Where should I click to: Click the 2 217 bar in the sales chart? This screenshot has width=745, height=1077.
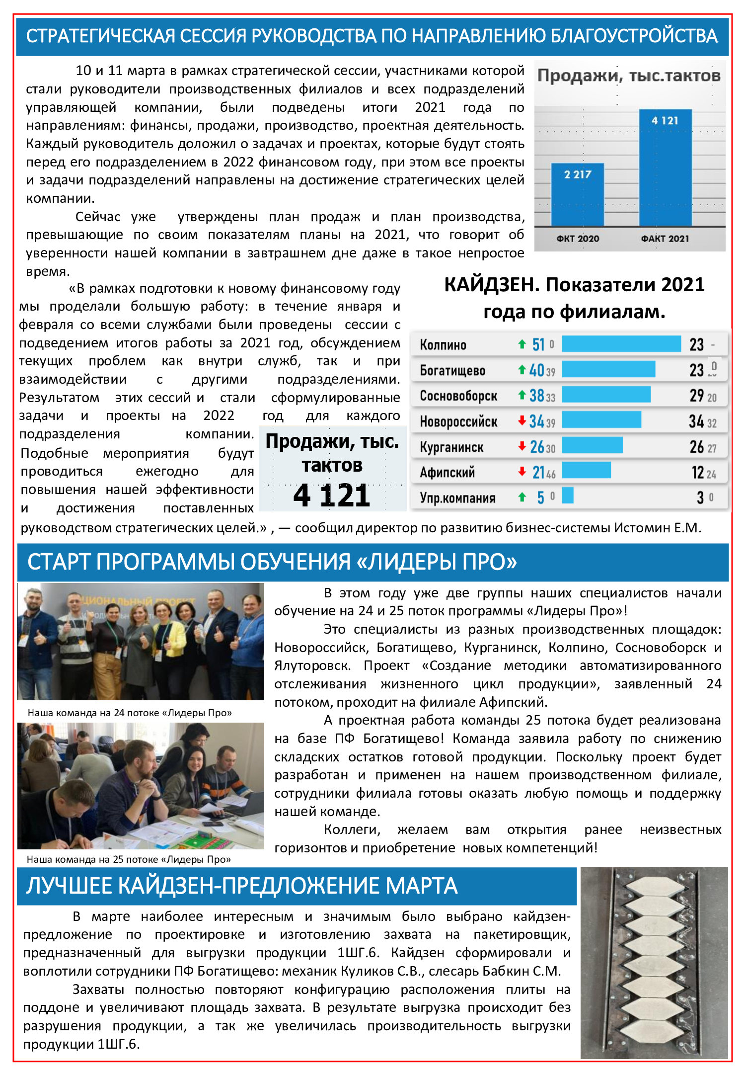pyautogui.click(x=578, y=194)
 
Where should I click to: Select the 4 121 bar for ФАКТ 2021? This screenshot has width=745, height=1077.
pyautogui.click(x=665, y=167)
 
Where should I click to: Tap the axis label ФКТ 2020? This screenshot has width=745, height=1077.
pyautogui.click(x=578, y=239)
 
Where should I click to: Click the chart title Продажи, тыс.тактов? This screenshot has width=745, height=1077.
pyautogui.click(x=629, y=76)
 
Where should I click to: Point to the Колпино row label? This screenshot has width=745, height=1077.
pyautogui.click(x=443, y=345)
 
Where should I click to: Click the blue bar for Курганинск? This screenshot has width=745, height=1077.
pyautogui.click(x=592, y=445)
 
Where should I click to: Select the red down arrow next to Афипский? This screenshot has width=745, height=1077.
pyautogui.click(x=522, y=471)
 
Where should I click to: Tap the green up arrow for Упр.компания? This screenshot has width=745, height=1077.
pyautogui.click(x=522, y=497)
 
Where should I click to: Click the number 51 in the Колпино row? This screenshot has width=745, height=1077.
pyautogui.click(x=538, y=344)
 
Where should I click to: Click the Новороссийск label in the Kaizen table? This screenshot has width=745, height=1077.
pyautogui.click(x=458, y=422)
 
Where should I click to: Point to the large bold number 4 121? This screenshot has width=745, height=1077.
pyautogui.click(x=332, y=496)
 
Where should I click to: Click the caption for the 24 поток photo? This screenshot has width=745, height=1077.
pyautogui.click(x=130, y=713)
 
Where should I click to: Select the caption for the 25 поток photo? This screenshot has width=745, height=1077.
pyautogui.click(x=129, y=859)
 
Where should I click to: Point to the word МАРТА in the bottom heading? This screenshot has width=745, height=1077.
pyautogui.click(x=421, y=886)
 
